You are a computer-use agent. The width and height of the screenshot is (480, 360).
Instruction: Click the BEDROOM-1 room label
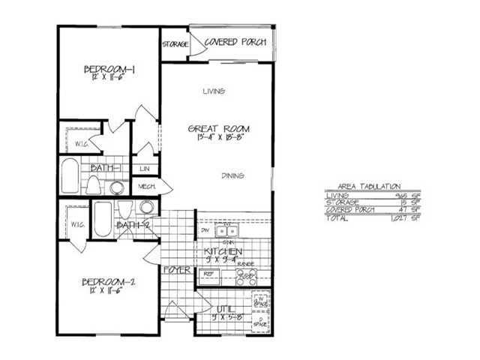109,71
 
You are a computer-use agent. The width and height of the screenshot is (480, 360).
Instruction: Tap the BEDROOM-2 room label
109,283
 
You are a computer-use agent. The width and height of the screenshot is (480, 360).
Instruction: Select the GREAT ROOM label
218,129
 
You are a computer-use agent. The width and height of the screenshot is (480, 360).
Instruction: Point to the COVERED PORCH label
235,42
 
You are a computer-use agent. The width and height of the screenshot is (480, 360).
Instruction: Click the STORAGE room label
174,44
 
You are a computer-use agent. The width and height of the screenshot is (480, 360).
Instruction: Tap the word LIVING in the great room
214,92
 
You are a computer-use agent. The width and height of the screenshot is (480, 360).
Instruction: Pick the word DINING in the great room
232,176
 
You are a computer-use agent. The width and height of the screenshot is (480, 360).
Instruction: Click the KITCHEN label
217,251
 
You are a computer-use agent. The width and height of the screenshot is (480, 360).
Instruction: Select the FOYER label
176,268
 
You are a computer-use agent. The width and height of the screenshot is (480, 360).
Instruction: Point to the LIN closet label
145,169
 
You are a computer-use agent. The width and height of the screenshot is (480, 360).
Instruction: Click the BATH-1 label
106,168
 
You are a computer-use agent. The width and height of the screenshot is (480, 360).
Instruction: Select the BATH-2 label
134,224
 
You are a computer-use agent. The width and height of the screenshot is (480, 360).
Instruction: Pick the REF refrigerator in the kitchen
211,274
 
